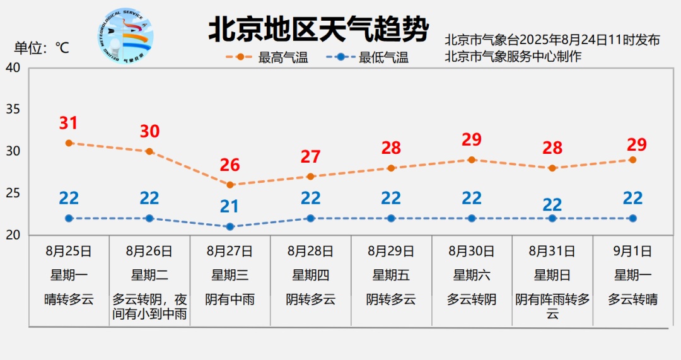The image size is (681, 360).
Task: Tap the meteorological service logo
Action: (126, 36)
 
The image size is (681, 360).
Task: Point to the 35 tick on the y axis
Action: (13, 110)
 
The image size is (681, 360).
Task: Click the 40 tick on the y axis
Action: (13, 67)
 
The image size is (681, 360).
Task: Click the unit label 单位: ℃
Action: (42, 48)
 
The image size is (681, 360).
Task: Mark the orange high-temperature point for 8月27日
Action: (230, 185)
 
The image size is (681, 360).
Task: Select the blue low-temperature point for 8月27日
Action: (230, 226)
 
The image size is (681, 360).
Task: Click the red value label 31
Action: (69, 124)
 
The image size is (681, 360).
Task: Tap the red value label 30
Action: (149, 132)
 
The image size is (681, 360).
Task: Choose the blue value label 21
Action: (230, 206)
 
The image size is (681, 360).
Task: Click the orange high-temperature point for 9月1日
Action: (632, 160)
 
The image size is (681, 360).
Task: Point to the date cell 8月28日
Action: (311, 251)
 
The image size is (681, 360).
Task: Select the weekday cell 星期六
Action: (472, 275)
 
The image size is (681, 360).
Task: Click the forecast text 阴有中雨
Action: (230, 299)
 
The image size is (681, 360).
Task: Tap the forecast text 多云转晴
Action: (633, 299)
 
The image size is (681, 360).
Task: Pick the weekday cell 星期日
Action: (552, 275)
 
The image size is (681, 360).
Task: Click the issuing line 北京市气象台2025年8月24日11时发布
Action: (552, 40)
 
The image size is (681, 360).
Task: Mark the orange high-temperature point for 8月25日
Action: (69, 143)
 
